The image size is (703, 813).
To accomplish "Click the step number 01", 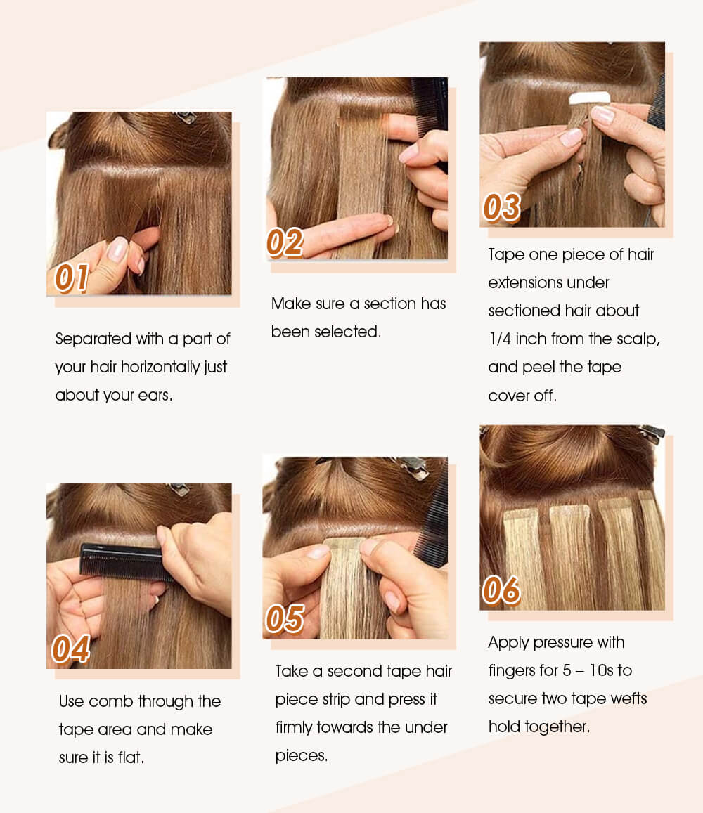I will [72, 278].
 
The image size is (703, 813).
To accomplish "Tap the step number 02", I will [285, 242].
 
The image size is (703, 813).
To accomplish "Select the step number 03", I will [502, 207].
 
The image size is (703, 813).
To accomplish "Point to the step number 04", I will [70, 649].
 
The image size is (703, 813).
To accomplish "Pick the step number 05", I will [285, 619].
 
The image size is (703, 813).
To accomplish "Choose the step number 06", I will [501, 590].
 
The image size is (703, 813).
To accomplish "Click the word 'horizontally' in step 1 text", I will [167, 367].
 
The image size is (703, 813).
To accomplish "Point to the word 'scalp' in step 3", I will [637, 339].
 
